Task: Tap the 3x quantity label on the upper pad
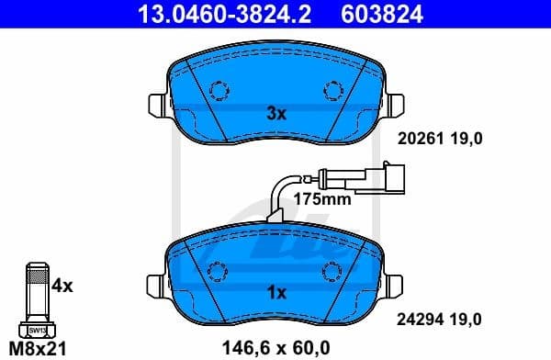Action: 276,115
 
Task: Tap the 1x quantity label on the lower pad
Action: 276,293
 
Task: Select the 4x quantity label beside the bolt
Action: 62,286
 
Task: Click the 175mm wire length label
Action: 322,198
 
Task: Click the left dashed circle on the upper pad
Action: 219,90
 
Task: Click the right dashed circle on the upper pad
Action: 332,90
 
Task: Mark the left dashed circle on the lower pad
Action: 219,270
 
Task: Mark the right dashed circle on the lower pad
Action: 332,270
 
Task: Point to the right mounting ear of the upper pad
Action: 394,102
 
